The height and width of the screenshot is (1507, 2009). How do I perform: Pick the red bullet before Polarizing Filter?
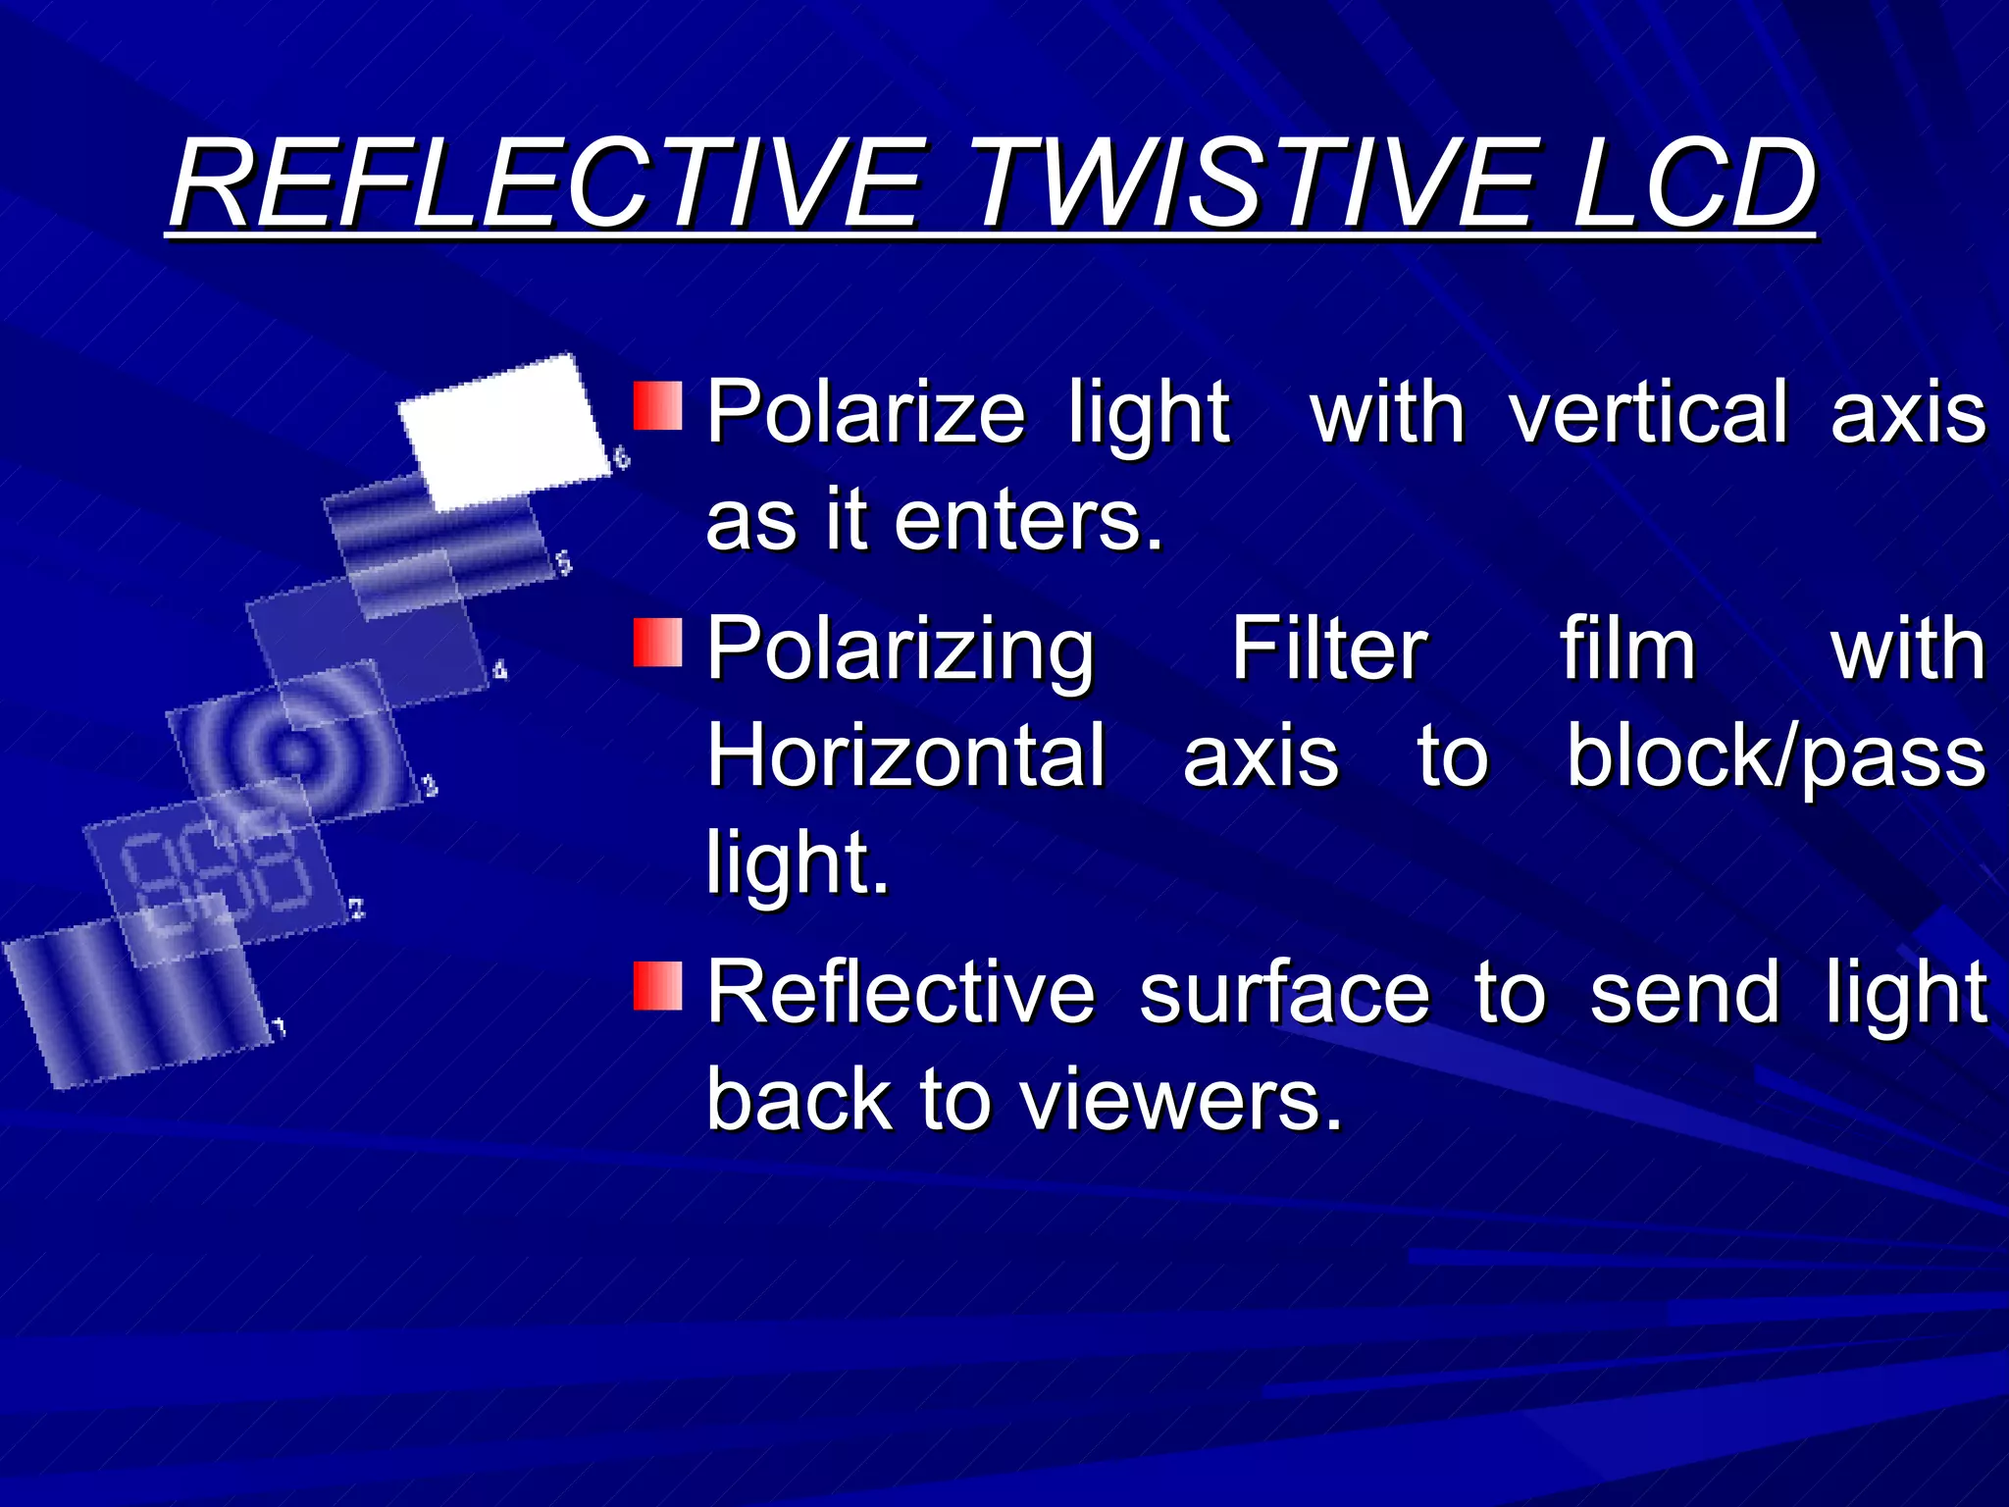pyautogui.click(x=657, y=642)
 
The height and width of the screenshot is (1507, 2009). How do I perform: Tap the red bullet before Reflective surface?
pyautogui.click(x=657, y=985)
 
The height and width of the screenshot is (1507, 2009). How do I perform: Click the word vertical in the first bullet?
pyautogui.click(x=1648, y=412)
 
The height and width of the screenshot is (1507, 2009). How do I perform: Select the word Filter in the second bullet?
pyautogui.click(x=1329, y=649)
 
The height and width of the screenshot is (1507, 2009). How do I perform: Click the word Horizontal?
pyautogui.click(x=906, y=755)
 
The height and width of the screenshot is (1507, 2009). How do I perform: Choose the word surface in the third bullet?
pyautogui.click(x=1284, y=993)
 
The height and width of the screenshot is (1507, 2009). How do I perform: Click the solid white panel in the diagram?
pyautogui.click(x=503, y=432)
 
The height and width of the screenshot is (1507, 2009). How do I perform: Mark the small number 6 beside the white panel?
pyautogui.click(x=621, y=457)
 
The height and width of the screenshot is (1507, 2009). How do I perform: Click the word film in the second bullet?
pyautogui.click(x=1627, y=649)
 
